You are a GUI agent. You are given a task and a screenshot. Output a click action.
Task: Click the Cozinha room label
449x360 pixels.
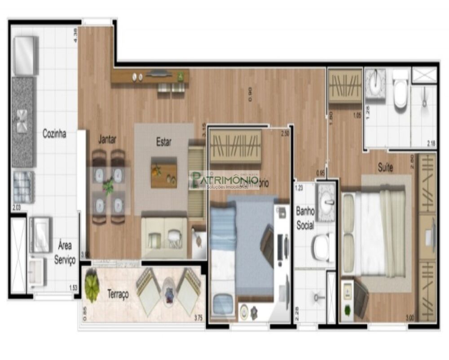[x=54, y=133]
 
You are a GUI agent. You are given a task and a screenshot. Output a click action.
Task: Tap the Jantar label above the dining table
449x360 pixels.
[x=107, y=140]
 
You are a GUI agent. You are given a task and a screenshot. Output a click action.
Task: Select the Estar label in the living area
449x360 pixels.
[x=163, y=142]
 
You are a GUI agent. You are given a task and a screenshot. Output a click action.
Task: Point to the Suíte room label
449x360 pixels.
[x=385, y=168]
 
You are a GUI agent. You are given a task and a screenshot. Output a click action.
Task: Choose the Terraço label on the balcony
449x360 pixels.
[x=118, y=294]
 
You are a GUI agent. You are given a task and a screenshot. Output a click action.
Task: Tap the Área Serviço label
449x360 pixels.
[x=65, y=253]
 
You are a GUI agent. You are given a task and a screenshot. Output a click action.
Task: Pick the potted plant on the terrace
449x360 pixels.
[x=92, y=286]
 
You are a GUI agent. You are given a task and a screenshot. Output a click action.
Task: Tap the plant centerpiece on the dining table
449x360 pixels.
[x=108, y=186]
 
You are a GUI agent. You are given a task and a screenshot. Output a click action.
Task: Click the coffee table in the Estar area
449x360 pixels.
[x=163, y=172]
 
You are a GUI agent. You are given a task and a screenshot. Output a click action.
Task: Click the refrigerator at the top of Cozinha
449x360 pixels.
[x=25, y=56]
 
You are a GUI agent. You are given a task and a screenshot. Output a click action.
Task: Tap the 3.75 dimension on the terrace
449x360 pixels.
[x=198, y=318]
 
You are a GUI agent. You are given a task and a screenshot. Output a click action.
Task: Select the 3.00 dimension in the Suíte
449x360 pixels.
[x=409, y=318]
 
